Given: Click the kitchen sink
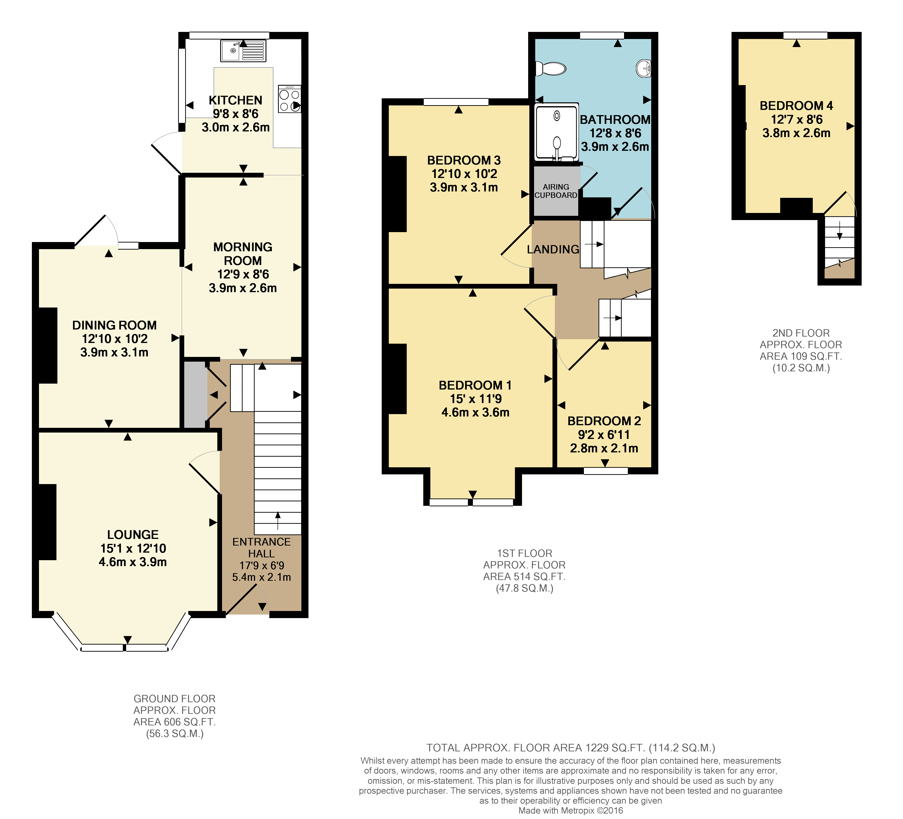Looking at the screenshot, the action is (x=243, y=51).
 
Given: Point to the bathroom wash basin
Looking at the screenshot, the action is (x=644, y=68).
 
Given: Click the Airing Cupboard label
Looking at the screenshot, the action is (x=556, y=191).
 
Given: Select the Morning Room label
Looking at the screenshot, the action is (x=243, y=254).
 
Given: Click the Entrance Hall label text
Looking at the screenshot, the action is (x=261, y=548).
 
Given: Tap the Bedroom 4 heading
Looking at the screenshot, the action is (x=796, y=106).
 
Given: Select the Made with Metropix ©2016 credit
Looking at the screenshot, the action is (x=571, y=810).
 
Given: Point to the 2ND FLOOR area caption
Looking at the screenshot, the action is (x=801, y=351).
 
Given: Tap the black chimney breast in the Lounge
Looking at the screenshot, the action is (x=47, y=522).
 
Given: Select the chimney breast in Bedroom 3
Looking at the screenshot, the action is (x=397, y=194).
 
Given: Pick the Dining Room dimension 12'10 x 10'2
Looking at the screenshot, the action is (x=115, y=339).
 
